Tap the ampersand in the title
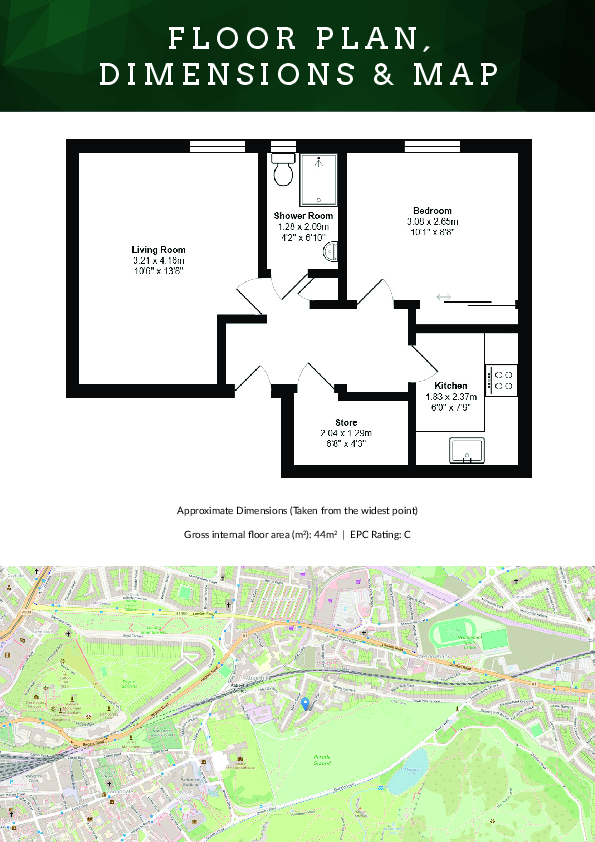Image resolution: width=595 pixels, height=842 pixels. (x=400, y=75)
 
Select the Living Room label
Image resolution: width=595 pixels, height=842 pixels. (x=158, y=249)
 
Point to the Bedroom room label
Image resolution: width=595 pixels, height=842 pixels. (x=431, y=211)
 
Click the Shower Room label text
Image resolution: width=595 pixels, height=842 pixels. (x=303, y=216)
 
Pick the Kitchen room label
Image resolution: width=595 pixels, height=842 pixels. (x=451, y=385)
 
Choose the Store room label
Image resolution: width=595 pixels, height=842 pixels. (x=346, y=422)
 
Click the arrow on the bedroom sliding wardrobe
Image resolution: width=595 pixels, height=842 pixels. (x=443, y=296)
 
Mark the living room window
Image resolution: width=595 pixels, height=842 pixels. (x=217, y=146)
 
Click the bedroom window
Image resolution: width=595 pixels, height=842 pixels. (x=432, y=146)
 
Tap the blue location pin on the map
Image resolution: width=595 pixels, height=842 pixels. (x=305, y=704)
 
